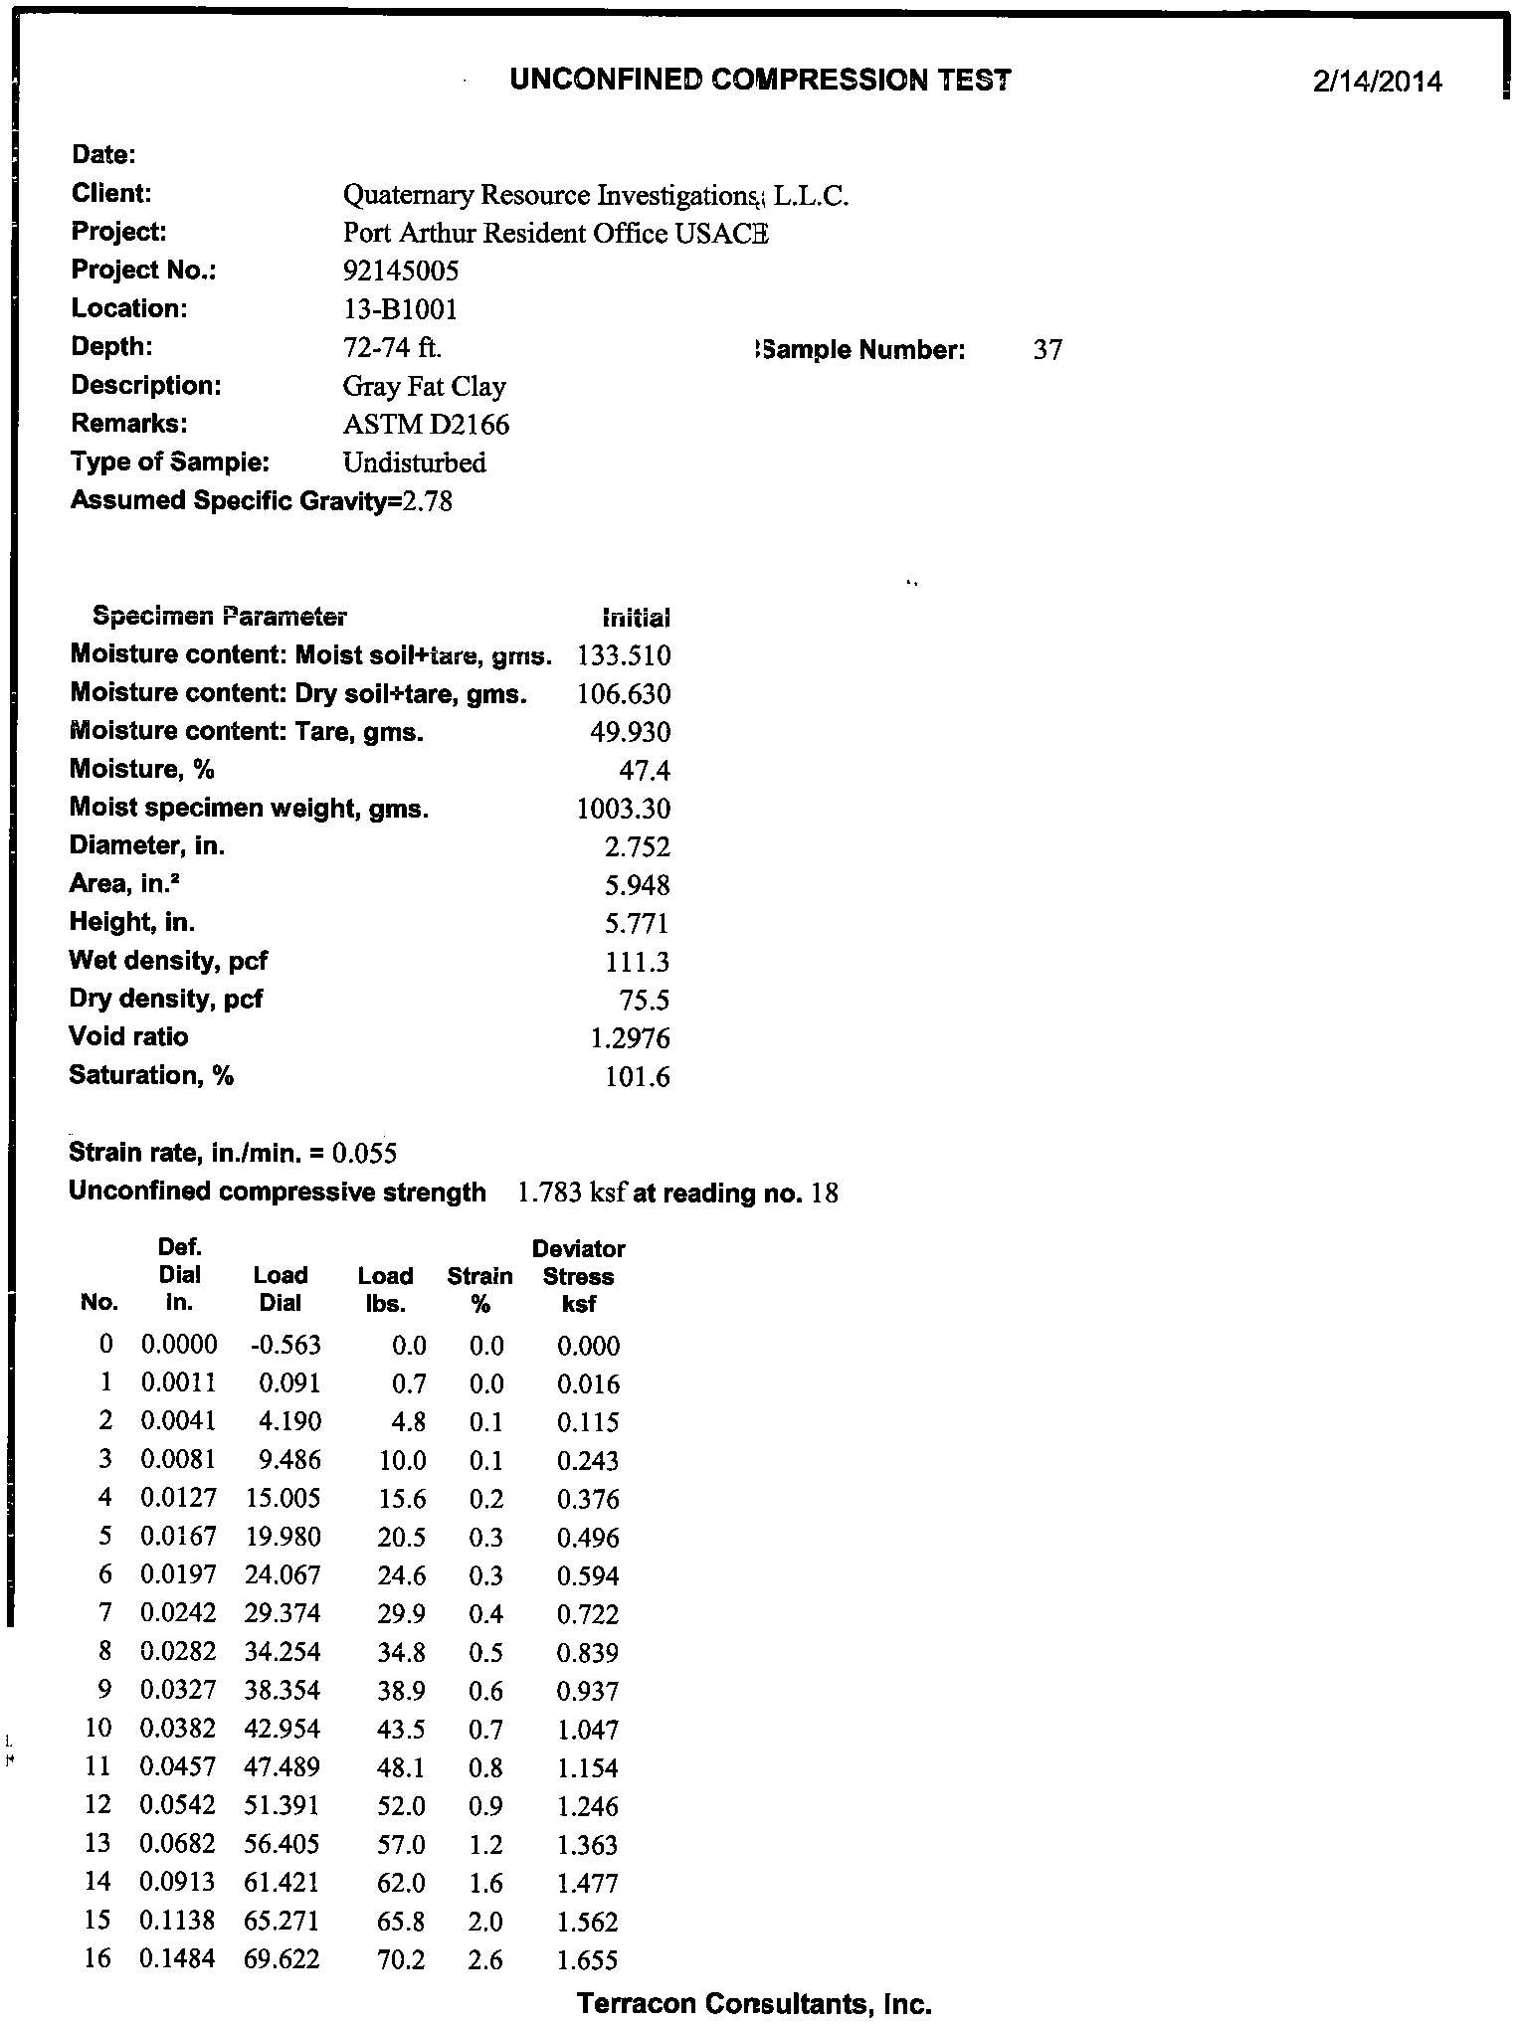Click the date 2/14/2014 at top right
1376,82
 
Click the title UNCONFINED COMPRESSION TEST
760,80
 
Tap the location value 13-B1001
400,309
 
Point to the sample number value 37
1047,349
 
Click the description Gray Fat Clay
424,386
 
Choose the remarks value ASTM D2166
426,425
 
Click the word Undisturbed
414,462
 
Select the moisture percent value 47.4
645,770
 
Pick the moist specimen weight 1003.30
624,809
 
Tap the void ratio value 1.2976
630,1038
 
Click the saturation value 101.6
637,1076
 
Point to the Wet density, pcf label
168,961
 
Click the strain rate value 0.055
364,1153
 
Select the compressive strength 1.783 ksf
570,1192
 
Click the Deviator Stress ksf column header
578,1276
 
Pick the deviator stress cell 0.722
588,1614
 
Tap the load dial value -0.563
285,1346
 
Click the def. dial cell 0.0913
179,1883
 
